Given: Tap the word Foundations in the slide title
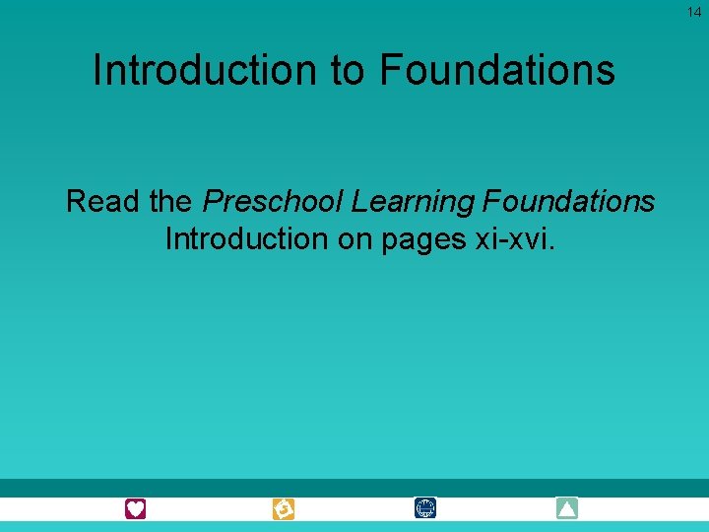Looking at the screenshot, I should (497, 70).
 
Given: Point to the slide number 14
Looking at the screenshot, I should (694, 12).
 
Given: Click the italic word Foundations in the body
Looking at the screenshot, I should (569, 202).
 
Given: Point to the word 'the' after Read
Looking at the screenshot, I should (171, 202).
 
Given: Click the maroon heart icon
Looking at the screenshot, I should (135, 508).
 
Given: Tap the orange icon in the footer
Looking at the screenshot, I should (284, 509).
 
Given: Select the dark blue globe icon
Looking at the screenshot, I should (425, 508).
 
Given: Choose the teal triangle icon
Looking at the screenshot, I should (567, 508).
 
